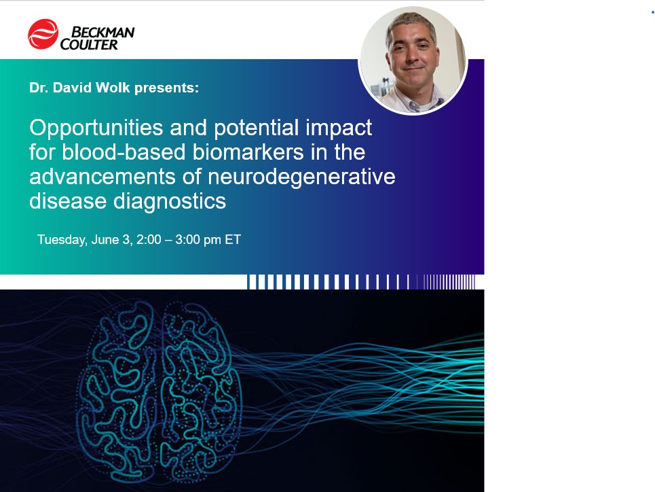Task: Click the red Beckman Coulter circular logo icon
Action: point(43,35)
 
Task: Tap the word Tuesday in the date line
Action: point(61,240)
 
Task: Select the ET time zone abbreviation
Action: point(233,240)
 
